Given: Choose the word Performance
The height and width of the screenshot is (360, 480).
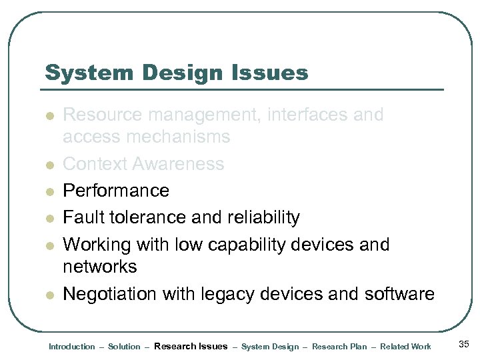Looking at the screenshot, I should tap(116, 191).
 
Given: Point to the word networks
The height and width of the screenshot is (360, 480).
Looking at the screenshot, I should tap(99, 267).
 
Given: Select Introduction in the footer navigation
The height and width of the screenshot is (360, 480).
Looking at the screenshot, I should tap(72, 347).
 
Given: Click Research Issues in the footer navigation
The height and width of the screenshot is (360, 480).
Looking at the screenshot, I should tap(191, 346).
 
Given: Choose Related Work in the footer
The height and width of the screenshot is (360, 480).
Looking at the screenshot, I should tap(405, 347).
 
